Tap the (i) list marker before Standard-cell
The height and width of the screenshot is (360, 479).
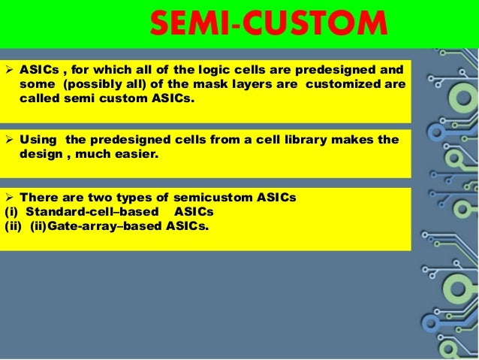click(11, 210)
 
